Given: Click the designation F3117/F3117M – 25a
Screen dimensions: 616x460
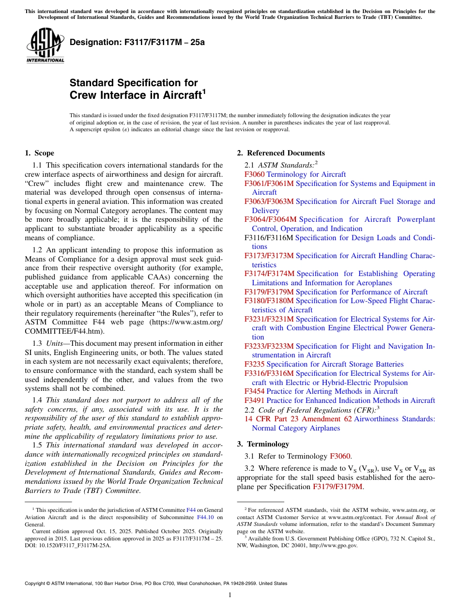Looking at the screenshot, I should (x=137, y=42).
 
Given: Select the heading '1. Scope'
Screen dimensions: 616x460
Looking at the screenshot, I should (x=39, y=153).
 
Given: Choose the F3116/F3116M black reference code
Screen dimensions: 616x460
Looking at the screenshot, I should (x=269, y=238).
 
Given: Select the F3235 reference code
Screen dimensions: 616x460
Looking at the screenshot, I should (x=254, y=364).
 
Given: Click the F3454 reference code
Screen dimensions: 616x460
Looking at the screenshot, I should (x=254, y=391).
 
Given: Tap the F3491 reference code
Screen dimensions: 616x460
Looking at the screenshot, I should (x=254, y=400).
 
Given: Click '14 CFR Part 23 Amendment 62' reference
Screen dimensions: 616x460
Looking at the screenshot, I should (x=298, y=419).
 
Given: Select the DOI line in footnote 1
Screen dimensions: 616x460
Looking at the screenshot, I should (x=68, y=545).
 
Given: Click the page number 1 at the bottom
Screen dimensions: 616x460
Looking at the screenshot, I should (x=230, y=595).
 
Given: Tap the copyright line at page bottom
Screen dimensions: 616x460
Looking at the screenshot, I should (x=155, y=584).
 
